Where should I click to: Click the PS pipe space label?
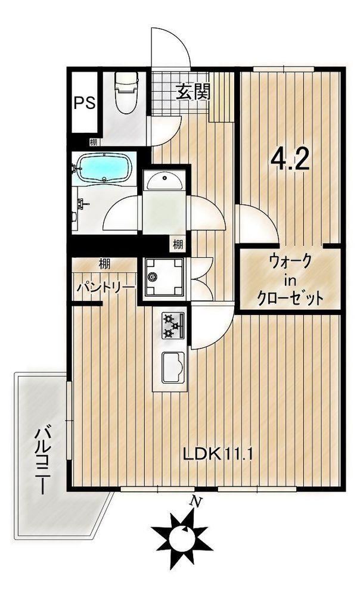point(85,103)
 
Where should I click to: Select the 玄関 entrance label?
point(194,92)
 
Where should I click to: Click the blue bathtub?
point(104,169)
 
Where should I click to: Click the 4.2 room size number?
point(290,159)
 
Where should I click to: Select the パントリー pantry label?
point(105,288)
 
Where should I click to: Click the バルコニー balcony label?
point(42,460)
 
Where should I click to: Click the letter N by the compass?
point(196,502)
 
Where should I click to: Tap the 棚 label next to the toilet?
point(93,142)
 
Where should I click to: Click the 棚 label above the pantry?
point(104,264)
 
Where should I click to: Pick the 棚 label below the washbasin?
point(178,245)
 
